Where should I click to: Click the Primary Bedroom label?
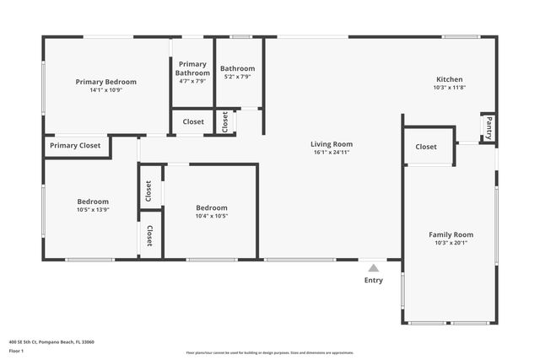pyautogui.click(x=106, y=82)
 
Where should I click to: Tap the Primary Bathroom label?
pyautogui.click(x=192, y=68)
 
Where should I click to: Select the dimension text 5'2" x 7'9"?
pyautogui.click(x=237, y=77)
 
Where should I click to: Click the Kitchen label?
pyautogui.click(x=449, y=79)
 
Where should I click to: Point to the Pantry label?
pyautogui.click(x=488, y=129)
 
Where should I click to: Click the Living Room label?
pyautogui.click(x=331, y=144)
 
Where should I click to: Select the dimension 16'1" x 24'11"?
pyautogui.click(x=331, y=153)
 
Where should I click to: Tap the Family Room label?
pyautogui.click(x=451, y=234)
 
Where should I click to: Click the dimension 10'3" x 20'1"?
pyautogui.click(x=451, y=243)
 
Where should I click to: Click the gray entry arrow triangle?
pyautogui.click(x=373, y=268)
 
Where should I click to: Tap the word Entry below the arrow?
pyautogui.click(x=373, y=280)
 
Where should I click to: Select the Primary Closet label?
pyautogui.click(x=75, y=146)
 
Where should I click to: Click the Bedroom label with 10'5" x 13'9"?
pyautogui.click(x=93, y=201)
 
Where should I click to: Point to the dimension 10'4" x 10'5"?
pyautogui.click(x=212, y=216)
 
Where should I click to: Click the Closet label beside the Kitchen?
pyautogui.click(x=426, y=147)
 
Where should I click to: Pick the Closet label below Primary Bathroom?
pyautogui.click(x=193, y=122)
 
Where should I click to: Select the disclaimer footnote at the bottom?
pyautogui.click(x=270, y=352)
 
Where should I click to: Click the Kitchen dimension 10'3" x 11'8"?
pyautogui.click(x=449, y=88)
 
